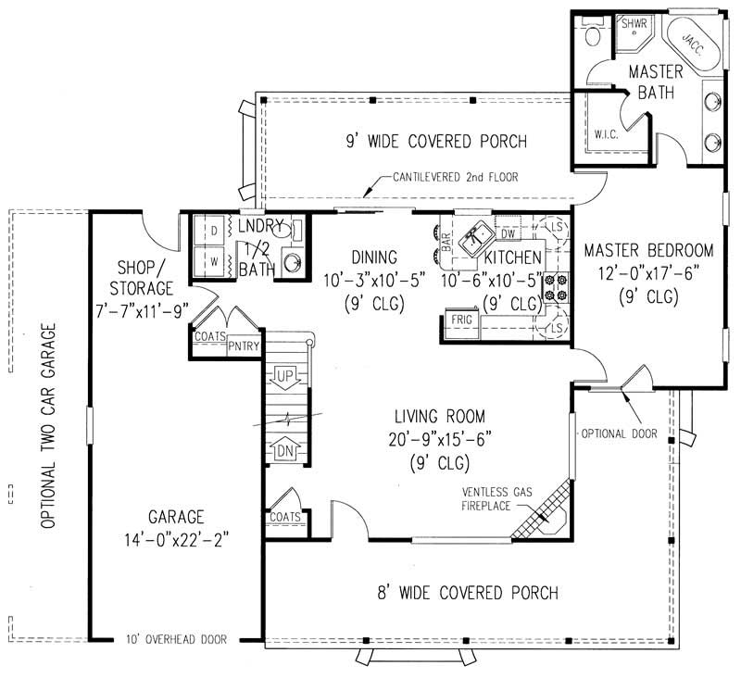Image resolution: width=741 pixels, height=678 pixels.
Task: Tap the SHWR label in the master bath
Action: click(634, 22)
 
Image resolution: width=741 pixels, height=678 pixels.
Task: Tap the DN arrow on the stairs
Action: click(285, 451)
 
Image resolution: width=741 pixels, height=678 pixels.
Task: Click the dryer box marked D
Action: click(213, 228)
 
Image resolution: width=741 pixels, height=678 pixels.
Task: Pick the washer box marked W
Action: click(213, 262)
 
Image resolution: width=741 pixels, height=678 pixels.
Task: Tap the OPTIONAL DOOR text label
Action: click(607, 433)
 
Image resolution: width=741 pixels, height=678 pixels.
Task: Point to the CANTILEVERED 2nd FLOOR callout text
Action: click(455, 177)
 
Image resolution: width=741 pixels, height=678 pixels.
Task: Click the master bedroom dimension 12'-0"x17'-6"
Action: click(647, 273)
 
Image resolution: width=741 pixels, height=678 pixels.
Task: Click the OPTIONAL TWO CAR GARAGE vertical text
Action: click(47, 426)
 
